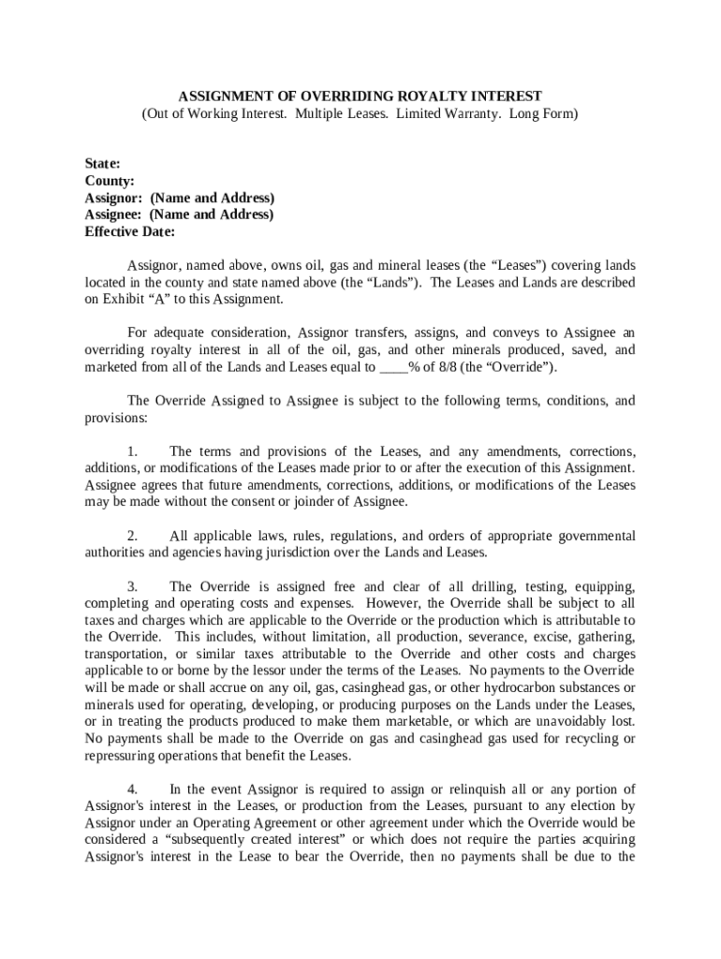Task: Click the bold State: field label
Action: coord(102,164)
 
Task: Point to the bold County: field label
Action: coord(110,181)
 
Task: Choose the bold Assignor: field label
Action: coord(113,198)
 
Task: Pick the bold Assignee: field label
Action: coord(113,214)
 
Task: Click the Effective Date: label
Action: coord(130,231)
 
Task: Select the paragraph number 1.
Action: coord(132,451)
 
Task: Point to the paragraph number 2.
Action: coord(132,537)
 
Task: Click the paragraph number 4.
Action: coord(132,789)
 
